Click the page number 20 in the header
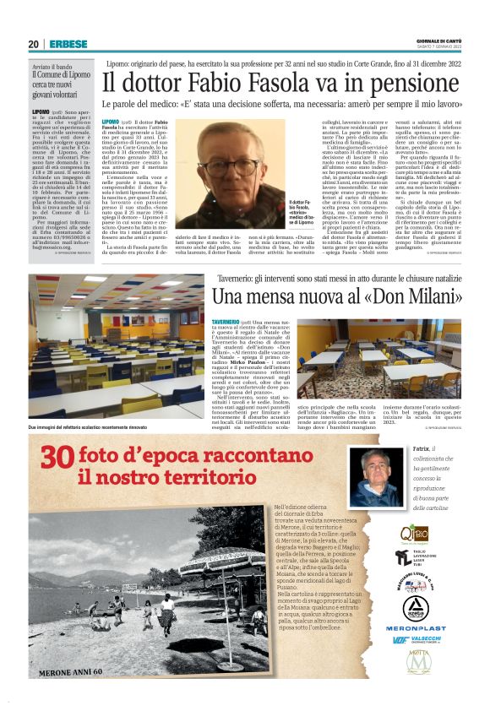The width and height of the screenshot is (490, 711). (33, 44)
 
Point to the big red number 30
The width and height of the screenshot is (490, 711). (58, 456)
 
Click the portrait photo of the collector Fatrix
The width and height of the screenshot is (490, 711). (380, 475)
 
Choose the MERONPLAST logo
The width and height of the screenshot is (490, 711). (416, 627)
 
